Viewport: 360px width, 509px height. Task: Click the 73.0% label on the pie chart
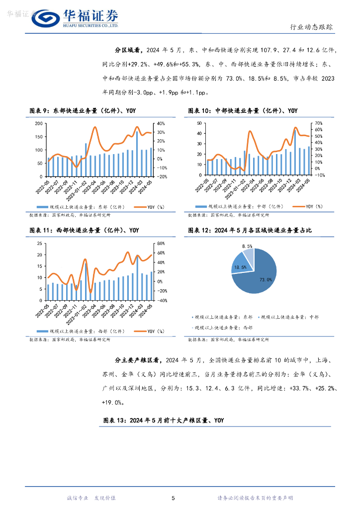266,280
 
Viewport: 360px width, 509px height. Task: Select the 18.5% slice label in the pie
240,267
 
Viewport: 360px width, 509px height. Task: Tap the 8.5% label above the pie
247,246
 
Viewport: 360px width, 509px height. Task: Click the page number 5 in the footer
173,498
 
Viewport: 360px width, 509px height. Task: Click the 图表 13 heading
164,421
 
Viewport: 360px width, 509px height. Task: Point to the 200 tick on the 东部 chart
39,123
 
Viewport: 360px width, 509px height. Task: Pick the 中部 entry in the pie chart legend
290,317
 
